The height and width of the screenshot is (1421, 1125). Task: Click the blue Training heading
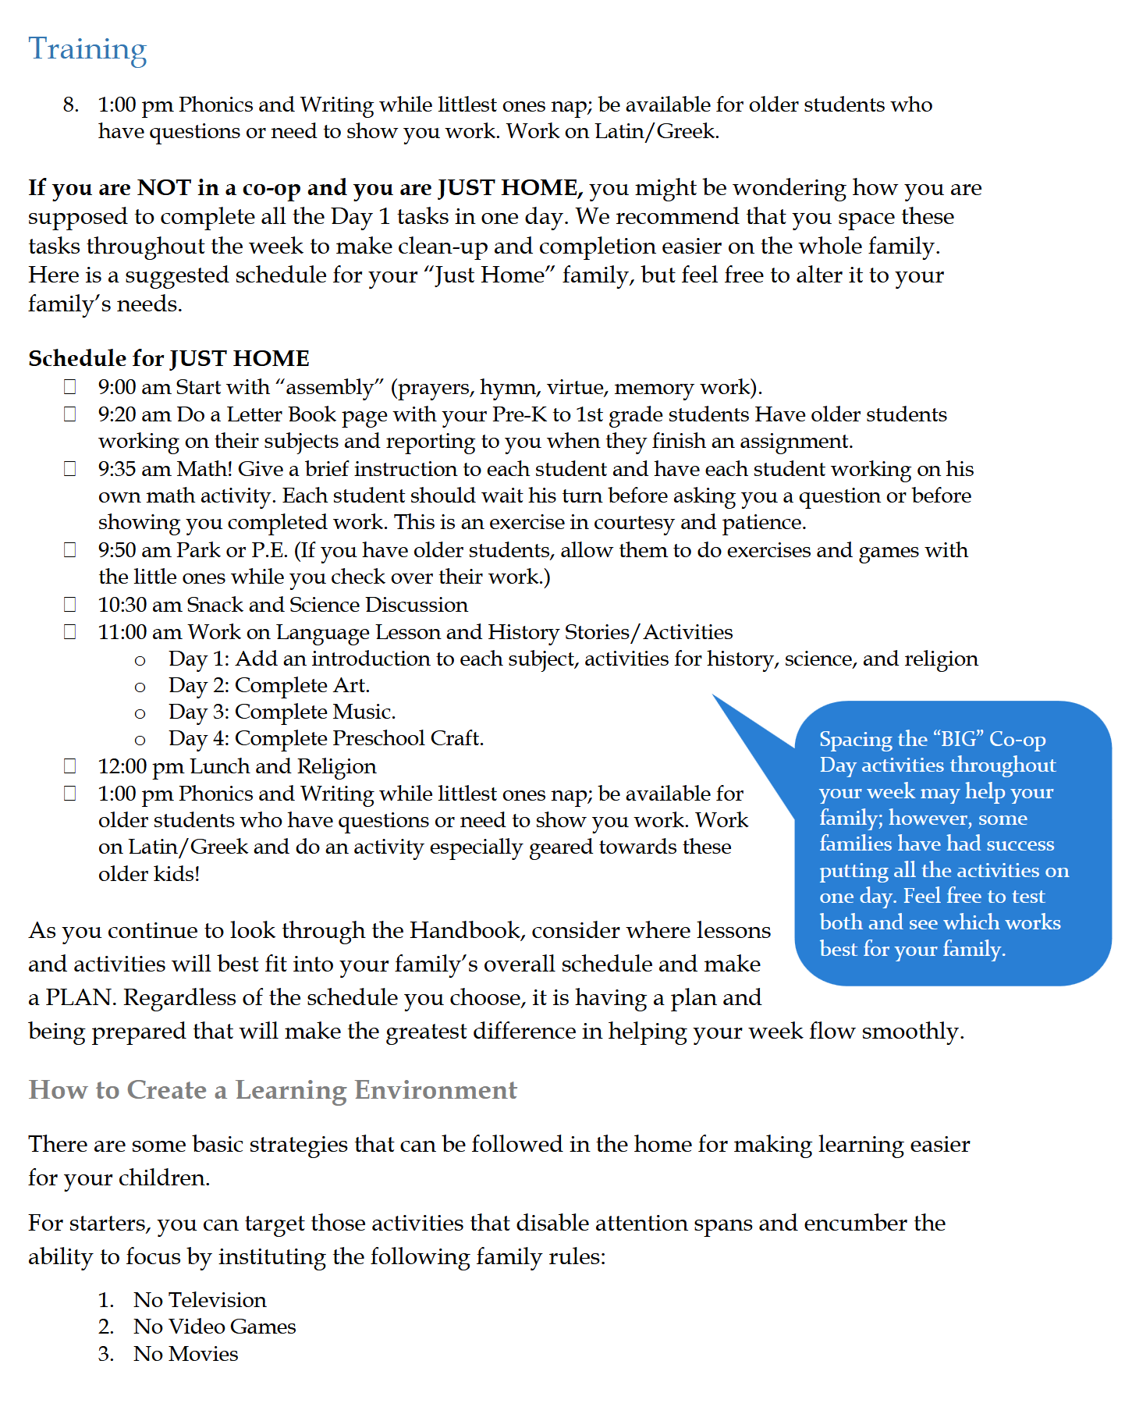coord(87,49)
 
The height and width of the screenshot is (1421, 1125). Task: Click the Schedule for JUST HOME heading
coord(169,358)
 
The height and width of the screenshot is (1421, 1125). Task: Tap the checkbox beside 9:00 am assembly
coord(70,387)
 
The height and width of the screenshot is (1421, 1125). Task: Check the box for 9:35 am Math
coord(70,469)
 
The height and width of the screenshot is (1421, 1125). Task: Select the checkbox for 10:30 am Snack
coord(70,605)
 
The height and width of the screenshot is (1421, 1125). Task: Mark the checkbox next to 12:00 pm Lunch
coord(70,766)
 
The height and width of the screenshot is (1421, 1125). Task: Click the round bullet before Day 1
coord(140,661)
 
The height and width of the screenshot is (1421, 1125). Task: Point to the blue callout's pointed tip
coord(715,697)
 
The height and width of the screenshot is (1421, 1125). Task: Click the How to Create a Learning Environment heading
coord(272,1089)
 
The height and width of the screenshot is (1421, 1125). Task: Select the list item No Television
coord(200,1300)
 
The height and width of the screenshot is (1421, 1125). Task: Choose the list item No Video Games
coord(215,1327)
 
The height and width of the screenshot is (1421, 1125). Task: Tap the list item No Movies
coord(186,1354)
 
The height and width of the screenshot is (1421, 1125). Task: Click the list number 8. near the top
coord(71,105)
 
